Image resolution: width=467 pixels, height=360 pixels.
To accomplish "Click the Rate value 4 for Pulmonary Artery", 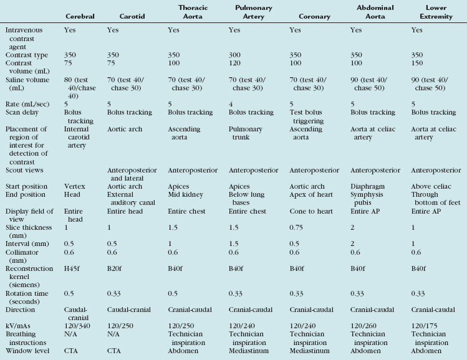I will [231, 103].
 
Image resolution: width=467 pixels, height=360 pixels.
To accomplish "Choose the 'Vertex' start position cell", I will [74, 186].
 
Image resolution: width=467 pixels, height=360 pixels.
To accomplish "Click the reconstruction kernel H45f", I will [72, 272].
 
